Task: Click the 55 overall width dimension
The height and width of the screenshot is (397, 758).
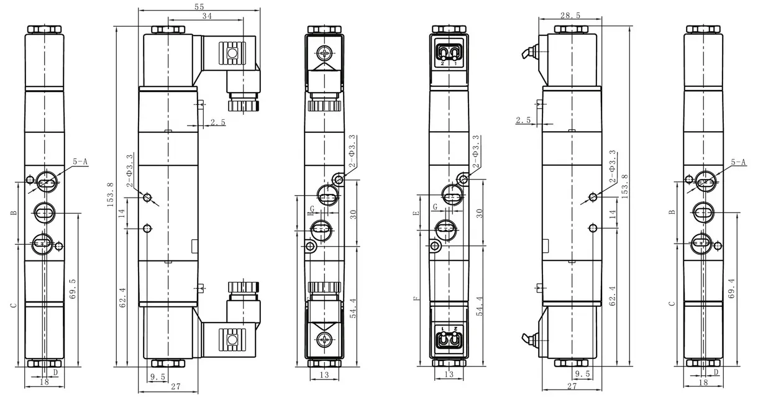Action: [x=199, y=6]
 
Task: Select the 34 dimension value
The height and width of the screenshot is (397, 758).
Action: [x=207, y=16]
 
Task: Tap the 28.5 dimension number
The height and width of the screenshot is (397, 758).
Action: [x=570, y=16]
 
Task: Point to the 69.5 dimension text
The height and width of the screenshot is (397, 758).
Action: [x=73, y=289]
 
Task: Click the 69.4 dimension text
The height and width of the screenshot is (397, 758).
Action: [x=731, y=288]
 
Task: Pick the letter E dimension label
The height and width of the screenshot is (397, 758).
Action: [x=416, y=213]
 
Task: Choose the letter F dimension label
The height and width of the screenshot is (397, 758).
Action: [x=416, y=298]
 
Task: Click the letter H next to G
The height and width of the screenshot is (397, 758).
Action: [x=309, y=214]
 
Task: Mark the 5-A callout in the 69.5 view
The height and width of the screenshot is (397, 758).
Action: [x=80, y=162]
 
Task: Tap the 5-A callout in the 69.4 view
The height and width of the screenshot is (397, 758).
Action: [x=738, y=162]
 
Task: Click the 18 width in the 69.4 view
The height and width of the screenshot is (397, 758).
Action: [x=703, y=383]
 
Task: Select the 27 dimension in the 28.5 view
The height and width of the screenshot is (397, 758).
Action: [x=572, y=386]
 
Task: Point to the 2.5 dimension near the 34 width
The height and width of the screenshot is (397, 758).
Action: [x=218, y=122]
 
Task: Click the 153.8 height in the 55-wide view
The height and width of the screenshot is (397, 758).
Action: [x=111, y=194]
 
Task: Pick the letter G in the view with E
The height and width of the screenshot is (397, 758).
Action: [x=435, y=207]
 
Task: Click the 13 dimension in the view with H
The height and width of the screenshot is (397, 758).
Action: [x=324, y=375]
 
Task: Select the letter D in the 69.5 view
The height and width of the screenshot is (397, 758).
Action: [x=55, y=372]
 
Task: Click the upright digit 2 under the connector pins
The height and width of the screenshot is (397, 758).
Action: [x=442, y=63]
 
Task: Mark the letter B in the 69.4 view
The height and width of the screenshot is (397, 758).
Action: [x=672, y=212]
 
